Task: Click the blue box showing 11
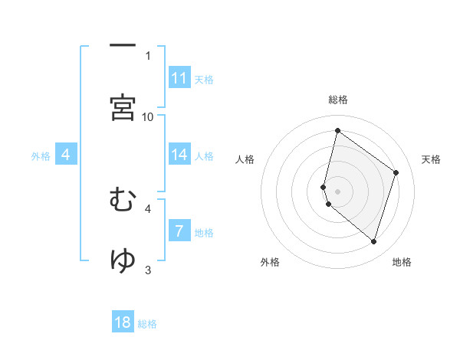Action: click(x=179, y=78)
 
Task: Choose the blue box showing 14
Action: click(x=179, y=155)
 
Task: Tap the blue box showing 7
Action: click(x=179, y=231)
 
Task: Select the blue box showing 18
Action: click(x=123, y=322)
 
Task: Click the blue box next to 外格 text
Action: click(x=66, y=155)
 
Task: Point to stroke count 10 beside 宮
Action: click(x=148, y=116)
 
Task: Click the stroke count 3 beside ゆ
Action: click(x=148, y=270)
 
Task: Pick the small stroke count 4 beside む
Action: click(x=148, y=208)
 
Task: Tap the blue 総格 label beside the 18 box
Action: click(x=147, y=324)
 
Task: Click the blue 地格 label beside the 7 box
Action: click(x=204, y=232)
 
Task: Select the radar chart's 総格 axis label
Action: click(x=337, y=100)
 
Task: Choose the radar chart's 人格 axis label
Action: click(x=245, y=159)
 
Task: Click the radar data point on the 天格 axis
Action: click(x=396, y=172)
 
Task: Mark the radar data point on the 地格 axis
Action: click(x=374, y=242)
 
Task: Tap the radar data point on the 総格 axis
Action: click(x=337, y=131)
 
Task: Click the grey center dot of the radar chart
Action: click(x=337, y=191)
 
